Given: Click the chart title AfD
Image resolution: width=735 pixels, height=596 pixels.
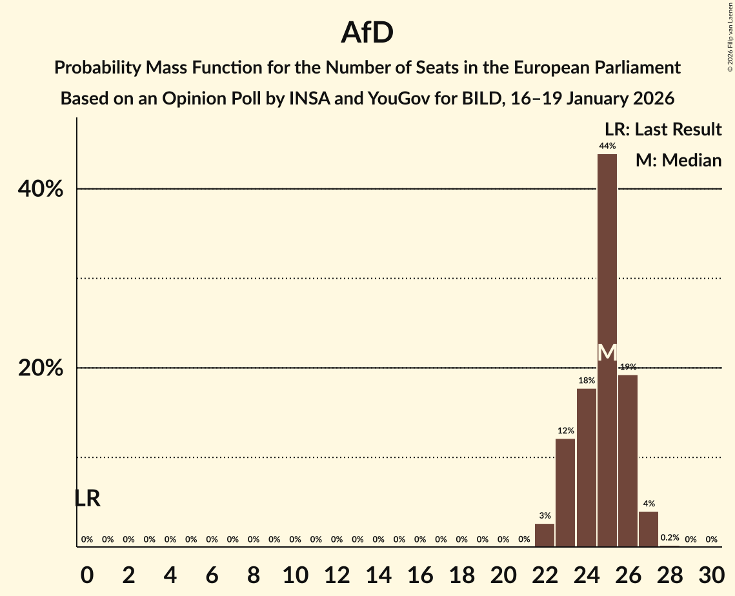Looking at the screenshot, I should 367,33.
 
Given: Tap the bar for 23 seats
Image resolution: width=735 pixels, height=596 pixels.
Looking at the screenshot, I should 565,493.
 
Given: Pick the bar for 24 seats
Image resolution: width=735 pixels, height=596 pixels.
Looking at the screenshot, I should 586,468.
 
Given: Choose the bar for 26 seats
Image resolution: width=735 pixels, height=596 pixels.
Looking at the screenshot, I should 628,461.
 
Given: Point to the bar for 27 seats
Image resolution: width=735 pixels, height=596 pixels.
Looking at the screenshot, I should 649,529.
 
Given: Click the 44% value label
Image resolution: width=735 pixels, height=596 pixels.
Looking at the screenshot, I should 607,146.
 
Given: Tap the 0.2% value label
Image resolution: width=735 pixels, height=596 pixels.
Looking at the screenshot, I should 669,538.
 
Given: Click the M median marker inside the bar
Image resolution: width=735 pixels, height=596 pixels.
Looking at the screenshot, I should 607,352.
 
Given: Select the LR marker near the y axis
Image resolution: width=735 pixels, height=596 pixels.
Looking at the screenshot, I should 87,499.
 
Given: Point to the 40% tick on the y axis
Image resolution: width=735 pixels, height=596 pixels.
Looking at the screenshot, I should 40,190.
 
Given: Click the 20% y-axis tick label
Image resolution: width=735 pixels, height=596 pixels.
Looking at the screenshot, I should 40,368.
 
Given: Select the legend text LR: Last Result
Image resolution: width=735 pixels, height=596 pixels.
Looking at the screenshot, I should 663,130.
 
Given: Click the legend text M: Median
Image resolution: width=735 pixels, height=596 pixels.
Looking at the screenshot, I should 678,161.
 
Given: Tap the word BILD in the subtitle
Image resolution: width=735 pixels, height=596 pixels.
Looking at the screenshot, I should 481,99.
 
